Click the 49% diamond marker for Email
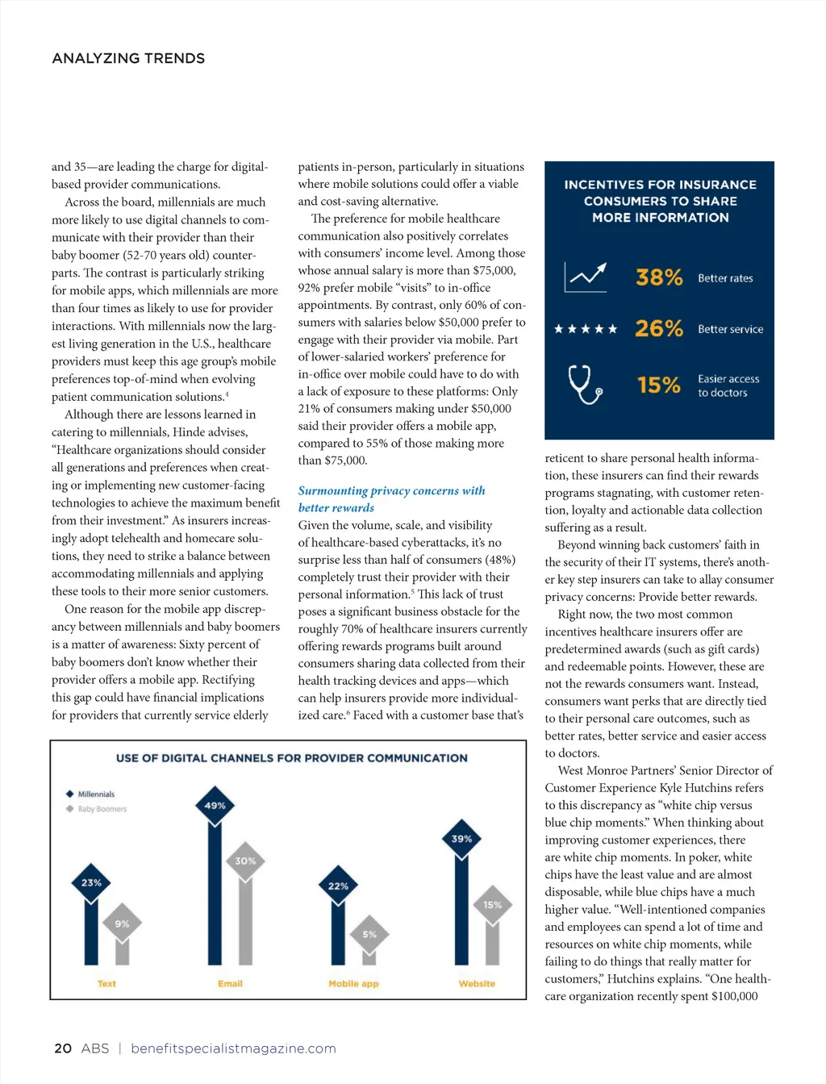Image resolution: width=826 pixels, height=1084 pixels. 215,806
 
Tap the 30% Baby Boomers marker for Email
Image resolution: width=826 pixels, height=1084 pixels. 245,861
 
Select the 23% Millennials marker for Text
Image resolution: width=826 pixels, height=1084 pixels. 91,882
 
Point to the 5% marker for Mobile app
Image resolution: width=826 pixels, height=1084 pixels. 369,934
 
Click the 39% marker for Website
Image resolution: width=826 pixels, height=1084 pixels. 461,839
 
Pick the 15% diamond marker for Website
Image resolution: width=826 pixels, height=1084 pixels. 492,905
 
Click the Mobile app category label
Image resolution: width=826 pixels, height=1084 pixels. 353,983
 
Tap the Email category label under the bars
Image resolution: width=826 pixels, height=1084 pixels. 230,983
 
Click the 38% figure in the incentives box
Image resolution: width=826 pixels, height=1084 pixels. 659,277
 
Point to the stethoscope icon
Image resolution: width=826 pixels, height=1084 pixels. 585,384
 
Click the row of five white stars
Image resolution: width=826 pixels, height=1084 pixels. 586,329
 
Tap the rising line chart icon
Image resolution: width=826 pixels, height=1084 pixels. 586,277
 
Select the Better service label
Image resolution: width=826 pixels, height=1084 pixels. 730,329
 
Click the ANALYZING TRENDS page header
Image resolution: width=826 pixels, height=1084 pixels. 128,58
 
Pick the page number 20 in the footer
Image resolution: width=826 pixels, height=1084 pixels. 63,1049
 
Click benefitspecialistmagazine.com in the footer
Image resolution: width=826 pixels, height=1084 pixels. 233,1049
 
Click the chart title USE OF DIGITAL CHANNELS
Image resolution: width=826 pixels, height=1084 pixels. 291,758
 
